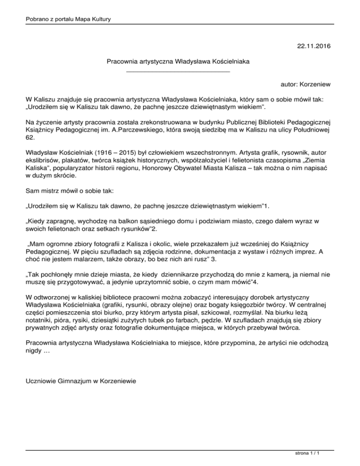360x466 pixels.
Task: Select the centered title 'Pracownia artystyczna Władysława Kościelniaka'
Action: [178, 61]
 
